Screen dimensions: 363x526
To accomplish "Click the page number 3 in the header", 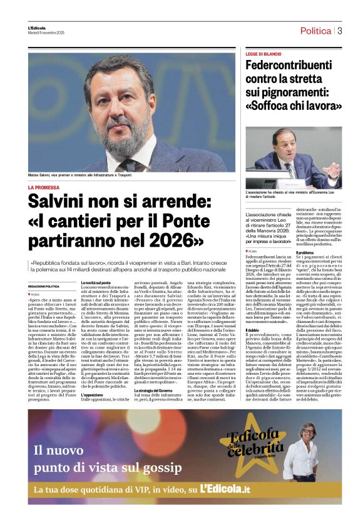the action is pos(340,31).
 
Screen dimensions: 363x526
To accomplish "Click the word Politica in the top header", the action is pos(315,31).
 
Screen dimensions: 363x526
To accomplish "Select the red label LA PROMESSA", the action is pos(43,187).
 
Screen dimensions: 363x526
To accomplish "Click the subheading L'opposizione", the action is pos(93,395).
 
